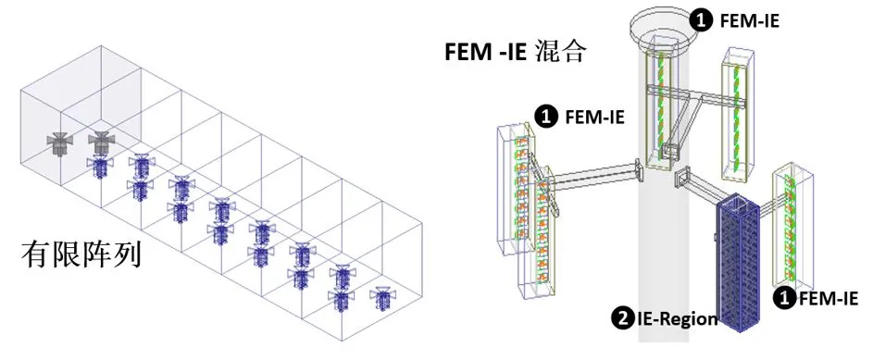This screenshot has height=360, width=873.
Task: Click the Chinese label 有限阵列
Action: [81, 254]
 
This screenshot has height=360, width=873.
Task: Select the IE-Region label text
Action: [678, 319]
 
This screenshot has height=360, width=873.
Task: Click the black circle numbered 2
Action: [622, 319]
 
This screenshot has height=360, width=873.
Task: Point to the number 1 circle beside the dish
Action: [704, 19]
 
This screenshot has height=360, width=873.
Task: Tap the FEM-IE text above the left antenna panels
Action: [592, 117]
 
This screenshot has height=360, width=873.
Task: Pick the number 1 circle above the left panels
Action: [547, 117]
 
